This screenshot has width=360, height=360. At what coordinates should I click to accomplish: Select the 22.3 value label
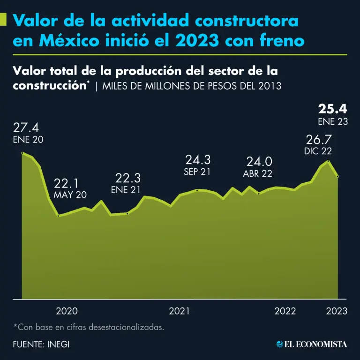(x=128, y=178)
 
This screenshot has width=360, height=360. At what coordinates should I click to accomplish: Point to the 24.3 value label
(x=197, y=160)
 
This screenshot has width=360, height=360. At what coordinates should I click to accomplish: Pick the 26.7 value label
(x=319, y=140)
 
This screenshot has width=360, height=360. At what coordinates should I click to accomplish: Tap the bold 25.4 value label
(x=332, y=109)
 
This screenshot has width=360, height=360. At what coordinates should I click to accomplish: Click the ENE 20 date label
(x=28, y=140)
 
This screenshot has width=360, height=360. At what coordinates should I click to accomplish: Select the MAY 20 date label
(x=70, y=195)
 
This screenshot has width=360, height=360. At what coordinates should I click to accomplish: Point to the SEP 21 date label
(x=197, y=172)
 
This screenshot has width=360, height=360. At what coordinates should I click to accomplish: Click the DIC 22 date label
(x=318, y=151)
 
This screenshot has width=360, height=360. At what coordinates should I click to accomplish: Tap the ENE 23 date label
(x=332, y=121)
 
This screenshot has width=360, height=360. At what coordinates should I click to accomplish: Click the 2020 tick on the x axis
(x=67, y=311)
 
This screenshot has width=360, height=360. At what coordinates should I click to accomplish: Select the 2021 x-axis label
(x=180, y=311)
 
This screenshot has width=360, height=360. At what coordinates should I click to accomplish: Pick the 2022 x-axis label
(x=285, y=311)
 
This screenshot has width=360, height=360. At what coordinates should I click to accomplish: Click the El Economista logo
(x=312, y=344)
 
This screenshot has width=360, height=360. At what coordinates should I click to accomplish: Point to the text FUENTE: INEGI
(x=41, y=344)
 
